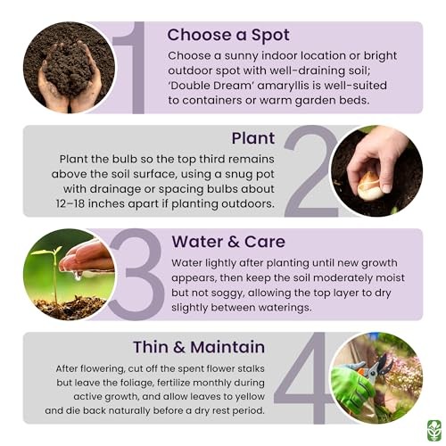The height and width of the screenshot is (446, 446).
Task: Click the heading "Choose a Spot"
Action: point(228,36)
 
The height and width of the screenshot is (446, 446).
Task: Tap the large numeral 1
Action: point(134,68)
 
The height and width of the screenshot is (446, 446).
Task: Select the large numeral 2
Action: point(310,171)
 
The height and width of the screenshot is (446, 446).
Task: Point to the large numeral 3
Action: point(136,275)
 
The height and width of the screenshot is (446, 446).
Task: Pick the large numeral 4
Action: point(306,377)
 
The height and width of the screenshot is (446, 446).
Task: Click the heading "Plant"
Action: point(253,138)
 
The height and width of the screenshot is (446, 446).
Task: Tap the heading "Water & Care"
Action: point(228,242)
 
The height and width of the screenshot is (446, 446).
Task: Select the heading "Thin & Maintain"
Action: point(199,347)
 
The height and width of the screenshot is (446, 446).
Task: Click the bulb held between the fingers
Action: point(368,186)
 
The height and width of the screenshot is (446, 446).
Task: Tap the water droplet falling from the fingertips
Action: point(78,277)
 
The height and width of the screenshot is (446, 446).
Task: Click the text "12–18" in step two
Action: point(70,203)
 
